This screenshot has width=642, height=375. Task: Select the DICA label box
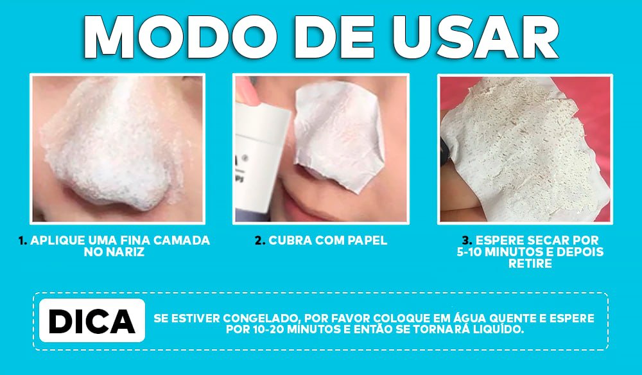[x=92, y=320]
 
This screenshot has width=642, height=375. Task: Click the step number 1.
[x=22, y=241]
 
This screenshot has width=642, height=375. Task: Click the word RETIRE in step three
[x=530, y=264]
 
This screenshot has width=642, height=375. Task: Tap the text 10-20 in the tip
[x=263, y=329]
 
